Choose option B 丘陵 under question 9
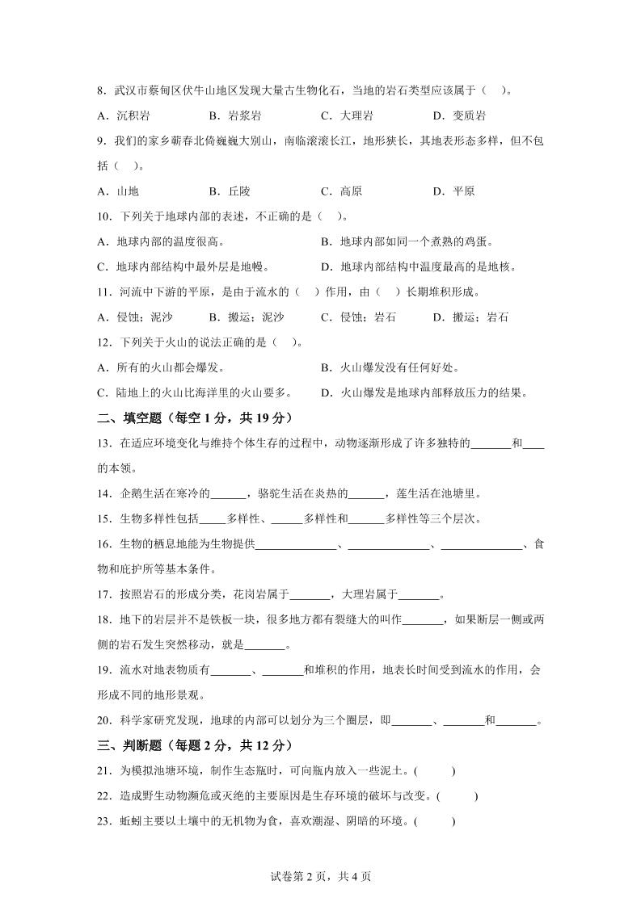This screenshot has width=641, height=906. pyautogui.click(x=230, y=191)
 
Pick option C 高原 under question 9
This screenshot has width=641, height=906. pyautogui.click(x=341, y=191)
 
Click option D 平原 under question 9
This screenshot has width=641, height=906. pyautogui.click(x=453, y=191)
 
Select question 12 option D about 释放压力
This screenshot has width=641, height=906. pyautogui.click(x=424, y=393)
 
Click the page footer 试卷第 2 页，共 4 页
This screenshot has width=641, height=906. pyautogui.click(x=321, y=876)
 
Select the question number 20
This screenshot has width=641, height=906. pyautogui.click(x=103, y=720)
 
